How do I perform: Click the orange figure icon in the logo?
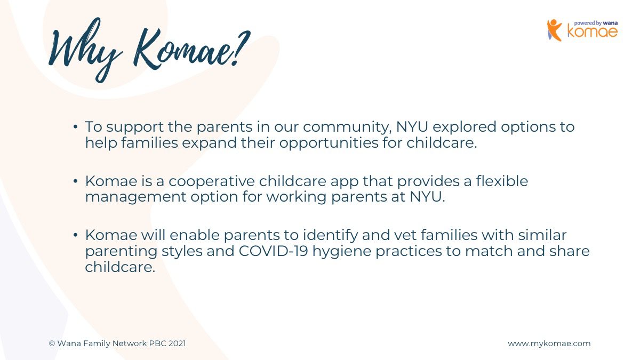(x=554, y=30)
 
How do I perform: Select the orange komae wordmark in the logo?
(x=593, y=31)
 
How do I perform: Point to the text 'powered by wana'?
(x=596, y=23)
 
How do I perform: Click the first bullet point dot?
(x=75, y=126)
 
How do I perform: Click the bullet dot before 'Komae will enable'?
(x=75, y=235)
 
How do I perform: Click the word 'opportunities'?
(x=329, y=143)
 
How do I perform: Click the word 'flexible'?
(x=502, y=181)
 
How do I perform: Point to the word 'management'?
(x=135, y=197)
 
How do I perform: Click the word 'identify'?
(x=330, y=236)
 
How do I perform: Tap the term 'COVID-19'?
(x=273, y=251)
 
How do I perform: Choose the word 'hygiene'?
(x=341, y=252)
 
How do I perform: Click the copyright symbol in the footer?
(x=52, y=343)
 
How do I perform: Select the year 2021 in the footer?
(x=177, y=343)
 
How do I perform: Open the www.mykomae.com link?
(x=549, y=343)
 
